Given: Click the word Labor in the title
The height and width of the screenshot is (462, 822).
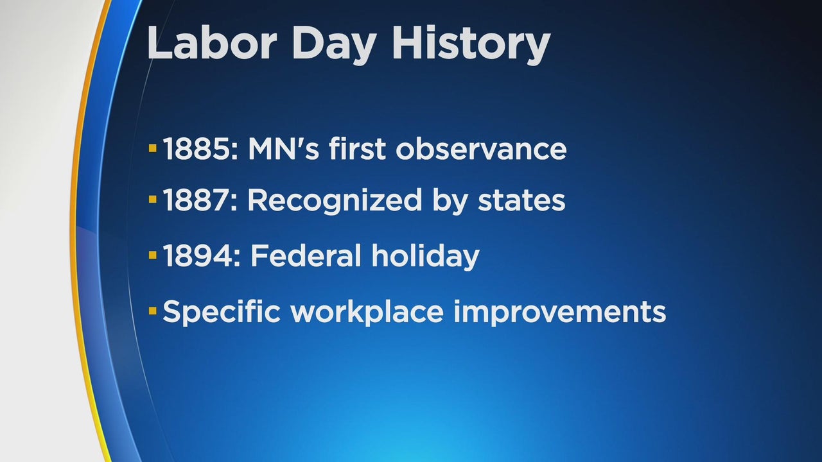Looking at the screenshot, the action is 212,42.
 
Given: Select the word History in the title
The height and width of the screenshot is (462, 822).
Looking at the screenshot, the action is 471,45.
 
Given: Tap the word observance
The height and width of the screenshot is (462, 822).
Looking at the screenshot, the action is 481,149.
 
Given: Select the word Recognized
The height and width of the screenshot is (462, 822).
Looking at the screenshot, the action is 335,201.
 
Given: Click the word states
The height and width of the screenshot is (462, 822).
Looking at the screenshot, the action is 521,201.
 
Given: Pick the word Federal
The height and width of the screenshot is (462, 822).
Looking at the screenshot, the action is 306,255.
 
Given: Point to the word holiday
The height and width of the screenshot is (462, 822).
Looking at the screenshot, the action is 425,256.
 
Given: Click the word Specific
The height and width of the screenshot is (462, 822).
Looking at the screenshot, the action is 222,312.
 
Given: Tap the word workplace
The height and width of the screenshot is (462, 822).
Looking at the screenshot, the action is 367,312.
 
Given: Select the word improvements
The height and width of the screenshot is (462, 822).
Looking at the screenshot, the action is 560,312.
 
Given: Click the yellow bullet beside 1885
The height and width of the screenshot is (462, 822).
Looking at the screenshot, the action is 153,148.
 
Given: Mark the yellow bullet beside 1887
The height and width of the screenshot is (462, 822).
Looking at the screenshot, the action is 153,200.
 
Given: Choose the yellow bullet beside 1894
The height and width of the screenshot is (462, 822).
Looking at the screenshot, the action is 153,255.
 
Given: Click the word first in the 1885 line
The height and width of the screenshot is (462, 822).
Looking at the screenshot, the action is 357,148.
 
